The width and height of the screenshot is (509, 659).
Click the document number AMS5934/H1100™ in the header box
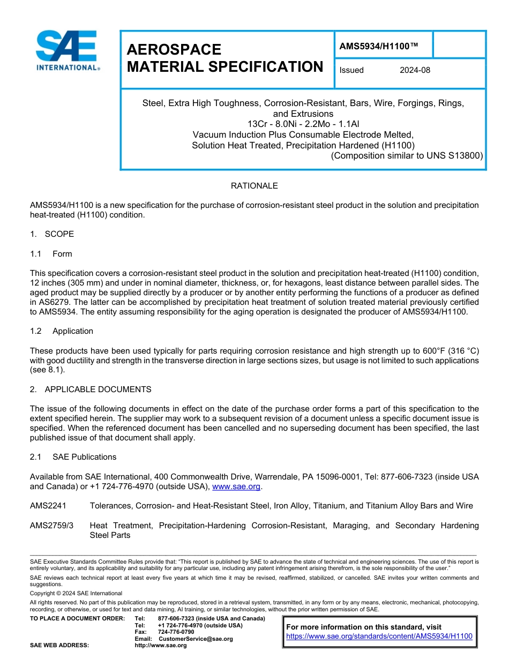378,47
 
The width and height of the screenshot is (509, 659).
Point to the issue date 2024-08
415,70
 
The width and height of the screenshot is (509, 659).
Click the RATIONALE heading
254,186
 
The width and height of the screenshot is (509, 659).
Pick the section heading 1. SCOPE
52,234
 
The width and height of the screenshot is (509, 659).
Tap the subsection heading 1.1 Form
51,254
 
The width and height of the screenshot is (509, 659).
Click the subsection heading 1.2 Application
62,331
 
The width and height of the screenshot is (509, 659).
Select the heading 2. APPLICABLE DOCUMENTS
91,390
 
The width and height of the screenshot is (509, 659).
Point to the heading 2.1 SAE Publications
73,457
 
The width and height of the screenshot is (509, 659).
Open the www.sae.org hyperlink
236,487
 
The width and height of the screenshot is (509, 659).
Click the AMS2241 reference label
48,506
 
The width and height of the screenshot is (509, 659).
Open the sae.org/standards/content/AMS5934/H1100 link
379,636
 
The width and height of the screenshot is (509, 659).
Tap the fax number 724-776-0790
176,632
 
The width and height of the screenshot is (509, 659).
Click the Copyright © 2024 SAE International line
76,593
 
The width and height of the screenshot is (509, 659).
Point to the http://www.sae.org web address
161,646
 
